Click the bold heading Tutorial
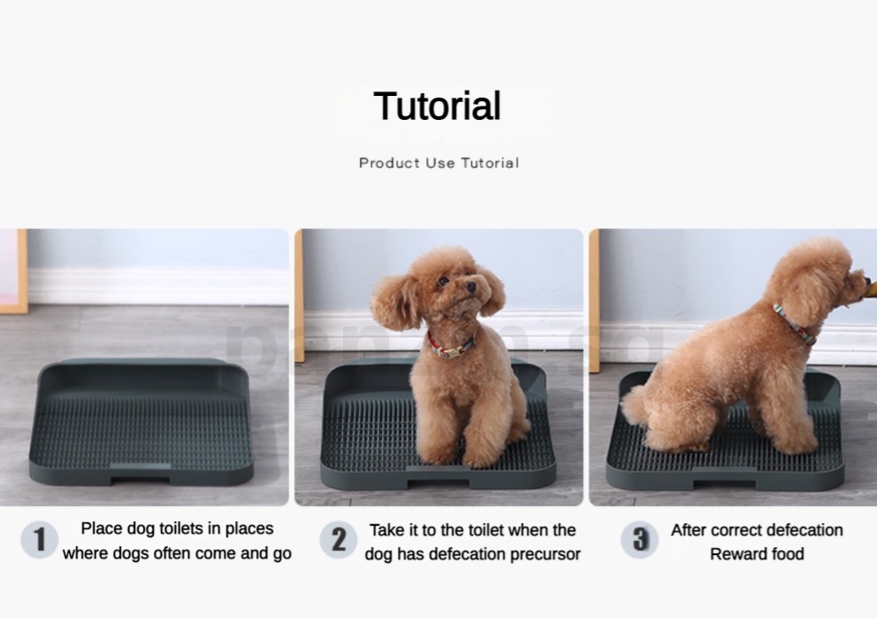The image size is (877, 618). tap(437, 107)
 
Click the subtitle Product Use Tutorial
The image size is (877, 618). tap(439, 162)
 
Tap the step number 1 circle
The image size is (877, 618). tap(39, 539)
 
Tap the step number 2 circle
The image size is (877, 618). tap(339, 539)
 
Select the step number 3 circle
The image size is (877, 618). tap(640, 539)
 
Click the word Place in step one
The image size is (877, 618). tap(101, 528)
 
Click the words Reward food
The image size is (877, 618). tap(756, 554)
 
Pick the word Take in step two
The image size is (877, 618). tap(387, 530)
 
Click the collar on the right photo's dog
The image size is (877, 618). tap(793, 323)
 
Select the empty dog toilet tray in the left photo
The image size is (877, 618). tap(142, 422)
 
